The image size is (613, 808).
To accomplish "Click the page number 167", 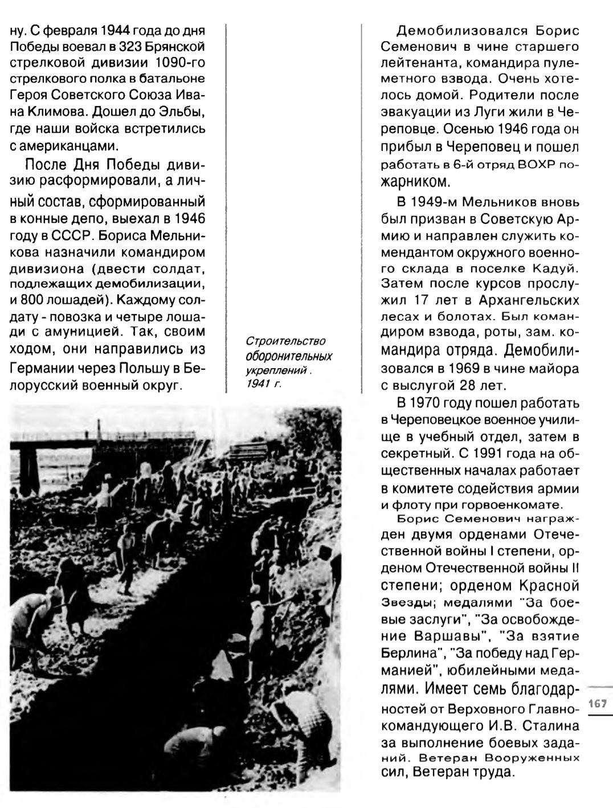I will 597,703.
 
